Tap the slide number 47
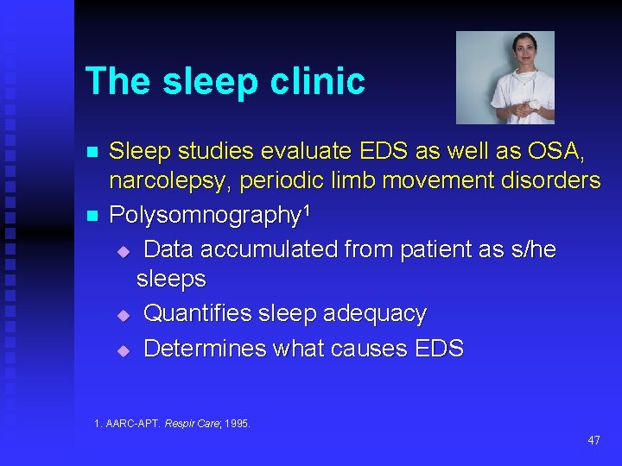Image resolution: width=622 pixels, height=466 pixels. coord(593,440)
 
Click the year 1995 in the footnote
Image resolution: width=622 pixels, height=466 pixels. coord(237,423)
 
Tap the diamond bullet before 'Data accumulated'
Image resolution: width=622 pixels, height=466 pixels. coord(123,251)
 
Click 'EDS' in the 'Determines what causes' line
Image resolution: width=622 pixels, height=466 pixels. coord(438,349)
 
